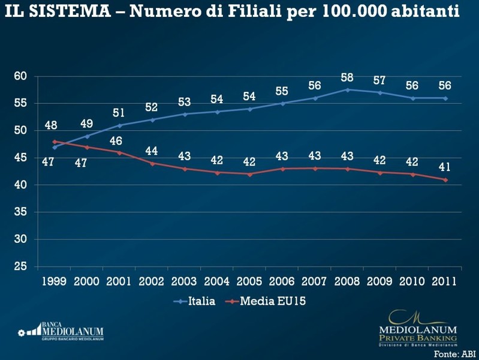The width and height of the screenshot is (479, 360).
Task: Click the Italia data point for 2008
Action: (x=347, y=89)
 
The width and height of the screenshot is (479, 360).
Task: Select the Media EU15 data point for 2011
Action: (x=445, y=180)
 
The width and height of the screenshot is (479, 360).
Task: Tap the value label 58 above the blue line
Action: (x=347, y=77)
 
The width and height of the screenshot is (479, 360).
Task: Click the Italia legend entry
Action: (x=195, y=301)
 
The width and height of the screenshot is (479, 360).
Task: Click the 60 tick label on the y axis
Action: (x=21, y=76)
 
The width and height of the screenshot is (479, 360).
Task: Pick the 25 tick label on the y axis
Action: (x=21, y=266)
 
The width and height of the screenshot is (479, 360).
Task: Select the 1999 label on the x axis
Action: (x=55, y=281)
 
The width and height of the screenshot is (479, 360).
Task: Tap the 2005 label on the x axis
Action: (x=249, y=281)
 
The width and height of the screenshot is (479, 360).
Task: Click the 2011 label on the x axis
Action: (x=444, y=281)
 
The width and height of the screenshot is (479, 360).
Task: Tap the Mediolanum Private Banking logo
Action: (x=418, y=329)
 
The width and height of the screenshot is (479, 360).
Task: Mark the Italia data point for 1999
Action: (x=55, y=147)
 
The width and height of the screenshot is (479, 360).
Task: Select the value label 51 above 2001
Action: (x=119, y=113)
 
